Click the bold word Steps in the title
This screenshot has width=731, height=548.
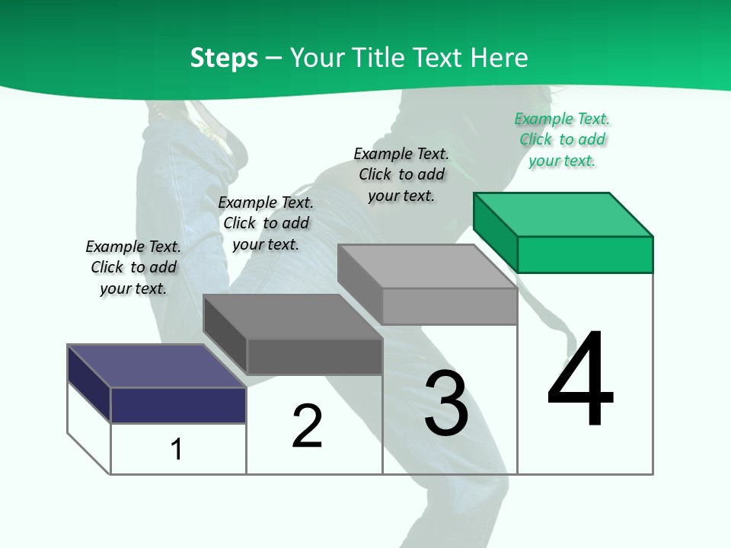click(224, 58)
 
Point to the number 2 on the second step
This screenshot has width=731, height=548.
click(307, 426)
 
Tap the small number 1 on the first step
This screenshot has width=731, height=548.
click(177, 449)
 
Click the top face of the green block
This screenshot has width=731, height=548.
click(563, 214)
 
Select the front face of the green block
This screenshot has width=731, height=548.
click(585, 254)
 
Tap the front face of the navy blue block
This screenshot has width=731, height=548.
click(178, 405)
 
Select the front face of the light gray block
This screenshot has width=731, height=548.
click(449, 306)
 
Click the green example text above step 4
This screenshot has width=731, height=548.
click(562, 139)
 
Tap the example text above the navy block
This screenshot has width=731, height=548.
click(133, 267)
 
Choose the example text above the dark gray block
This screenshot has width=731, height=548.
click(266, 223)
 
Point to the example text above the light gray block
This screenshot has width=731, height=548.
click(401, 174)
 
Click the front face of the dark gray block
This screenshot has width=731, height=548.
click(314, 356)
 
